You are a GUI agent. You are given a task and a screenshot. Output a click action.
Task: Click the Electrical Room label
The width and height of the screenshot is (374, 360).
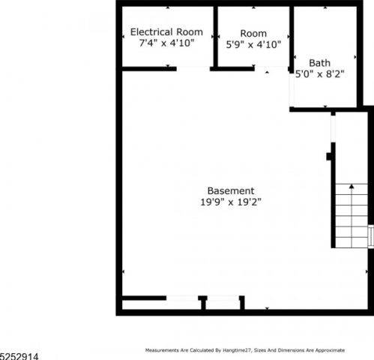tap(166, 32)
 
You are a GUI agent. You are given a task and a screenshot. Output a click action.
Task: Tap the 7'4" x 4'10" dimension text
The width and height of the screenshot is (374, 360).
tap(166, 43)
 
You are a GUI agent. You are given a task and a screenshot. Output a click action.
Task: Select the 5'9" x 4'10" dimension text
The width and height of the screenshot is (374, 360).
tap(253, 44)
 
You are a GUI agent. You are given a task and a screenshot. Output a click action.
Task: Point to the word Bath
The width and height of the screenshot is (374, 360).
tap(319, 63)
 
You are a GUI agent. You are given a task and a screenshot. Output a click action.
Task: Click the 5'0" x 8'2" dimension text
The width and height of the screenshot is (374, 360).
tap(319, 74)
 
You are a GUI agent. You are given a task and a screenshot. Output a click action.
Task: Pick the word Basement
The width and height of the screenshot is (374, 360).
tap(231, 190)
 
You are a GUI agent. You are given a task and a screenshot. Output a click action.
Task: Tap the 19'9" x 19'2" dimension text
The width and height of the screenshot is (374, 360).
tap(231, 202)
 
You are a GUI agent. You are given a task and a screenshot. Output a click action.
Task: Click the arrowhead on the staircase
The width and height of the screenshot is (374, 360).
tap(352, 186)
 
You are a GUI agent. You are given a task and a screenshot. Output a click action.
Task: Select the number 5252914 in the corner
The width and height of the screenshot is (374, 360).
tap(19, 356)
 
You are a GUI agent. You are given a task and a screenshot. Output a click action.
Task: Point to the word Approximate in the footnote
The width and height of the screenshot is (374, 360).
tap(330, 350)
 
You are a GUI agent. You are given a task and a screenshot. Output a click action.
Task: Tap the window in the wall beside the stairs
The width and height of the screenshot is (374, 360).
tap(371, 236)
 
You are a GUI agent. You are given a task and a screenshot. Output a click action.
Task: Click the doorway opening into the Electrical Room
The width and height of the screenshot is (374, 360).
tap(193, 69)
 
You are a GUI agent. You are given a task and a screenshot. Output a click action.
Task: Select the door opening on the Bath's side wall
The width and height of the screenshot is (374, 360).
tap(292, 90)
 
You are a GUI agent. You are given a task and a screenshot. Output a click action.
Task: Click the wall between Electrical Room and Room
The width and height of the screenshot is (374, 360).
tap(216, 36)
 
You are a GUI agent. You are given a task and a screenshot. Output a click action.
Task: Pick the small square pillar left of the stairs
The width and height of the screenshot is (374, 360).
tap(329, 157)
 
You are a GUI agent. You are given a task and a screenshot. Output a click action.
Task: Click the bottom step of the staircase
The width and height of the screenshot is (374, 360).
tap(352, 242)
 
